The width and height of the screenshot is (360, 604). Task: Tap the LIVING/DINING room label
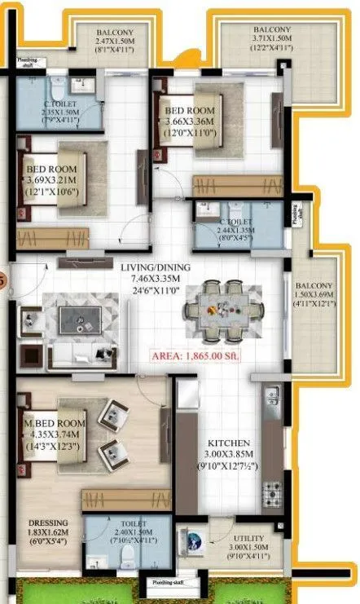tap(151, 267)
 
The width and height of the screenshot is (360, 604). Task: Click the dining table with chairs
tap(220, 311)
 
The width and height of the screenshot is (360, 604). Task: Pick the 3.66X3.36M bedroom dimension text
tap(190, 124)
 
